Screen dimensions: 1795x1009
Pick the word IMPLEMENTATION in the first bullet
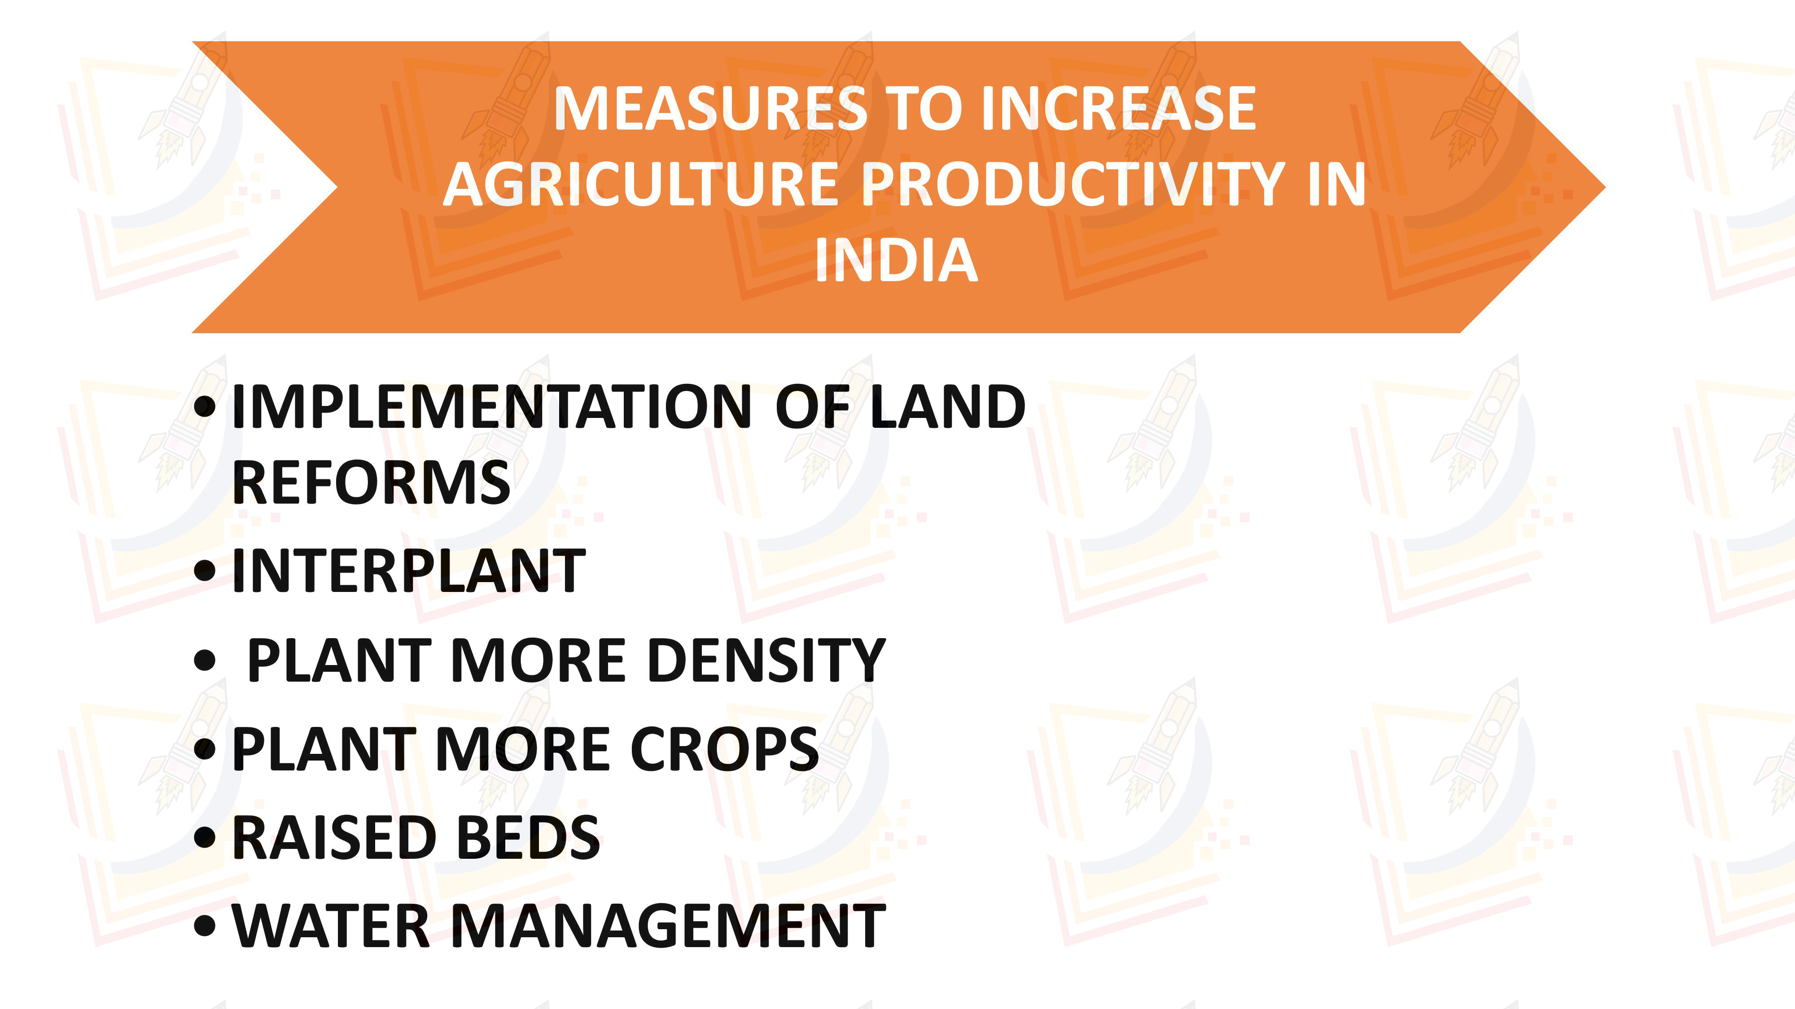492,407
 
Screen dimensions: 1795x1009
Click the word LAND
948,407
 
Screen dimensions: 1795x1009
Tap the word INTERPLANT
409,570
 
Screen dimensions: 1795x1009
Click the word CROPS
725,748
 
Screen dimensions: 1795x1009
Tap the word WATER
331,926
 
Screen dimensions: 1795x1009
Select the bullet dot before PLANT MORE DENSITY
205,660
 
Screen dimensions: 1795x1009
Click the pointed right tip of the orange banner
1605,187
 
